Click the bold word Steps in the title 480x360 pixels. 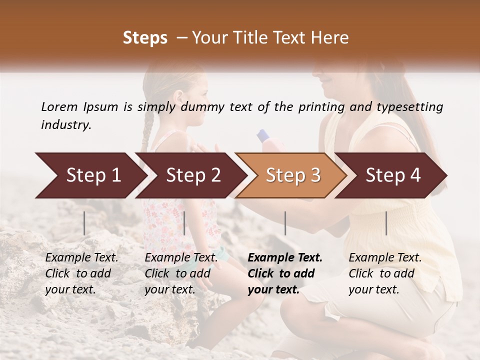[145, 38]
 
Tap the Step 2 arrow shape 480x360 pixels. [193, 175]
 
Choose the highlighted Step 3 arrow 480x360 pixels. [293, 175]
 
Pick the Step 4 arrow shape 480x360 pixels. [393, 175]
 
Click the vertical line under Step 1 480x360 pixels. [84, 223]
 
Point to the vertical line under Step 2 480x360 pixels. [184, 223]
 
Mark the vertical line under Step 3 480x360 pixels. [285, 223]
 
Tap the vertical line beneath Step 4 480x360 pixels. [386, 223]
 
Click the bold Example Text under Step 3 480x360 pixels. [285, 257]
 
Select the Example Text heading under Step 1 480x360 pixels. [81, 257]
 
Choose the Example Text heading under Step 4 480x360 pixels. [385, 257]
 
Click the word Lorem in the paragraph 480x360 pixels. [59, 106]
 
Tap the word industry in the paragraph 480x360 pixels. [66, 124]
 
